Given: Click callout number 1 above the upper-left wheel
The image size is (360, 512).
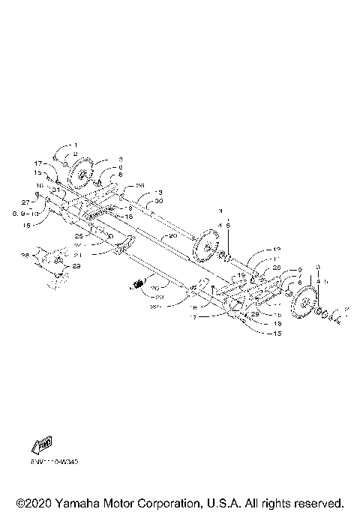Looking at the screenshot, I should (75, 145).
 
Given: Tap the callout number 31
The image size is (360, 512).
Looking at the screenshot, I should (55, 190).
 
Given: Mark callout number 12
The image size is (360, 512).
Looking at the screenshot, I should (276, 250).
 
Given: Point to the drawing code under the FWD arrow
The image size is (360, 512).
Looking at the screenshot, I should (55, 462).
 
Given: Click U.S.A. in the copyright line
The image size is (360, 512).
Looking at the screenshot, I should (247, 502).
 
